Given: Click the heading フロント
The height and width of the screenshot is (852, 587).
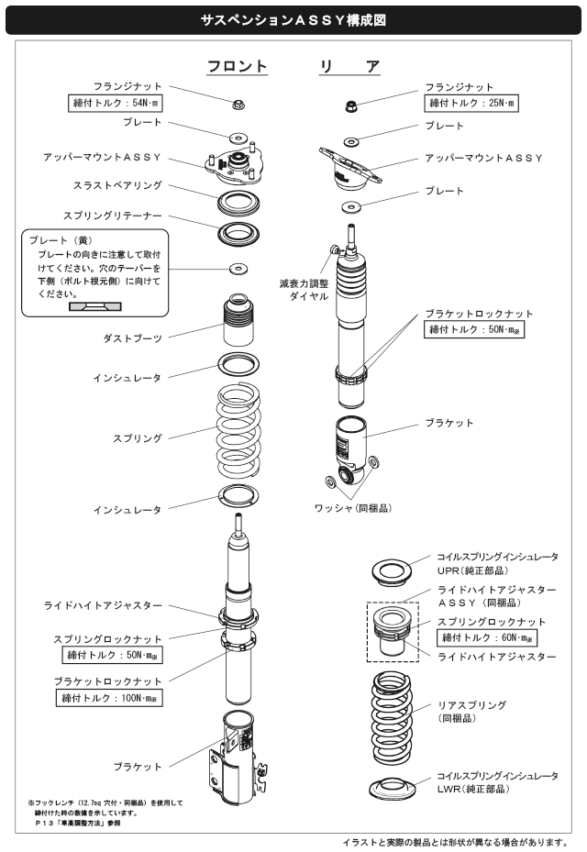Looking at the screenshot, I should click(x=237, y=67).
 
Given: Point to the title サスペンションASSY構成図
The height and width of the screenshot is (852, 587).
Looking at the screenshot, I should click(x=293, y=17).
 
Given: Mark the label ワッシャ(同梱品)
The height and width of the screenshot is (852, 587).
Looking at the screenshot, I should click(x=353, y=506).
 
